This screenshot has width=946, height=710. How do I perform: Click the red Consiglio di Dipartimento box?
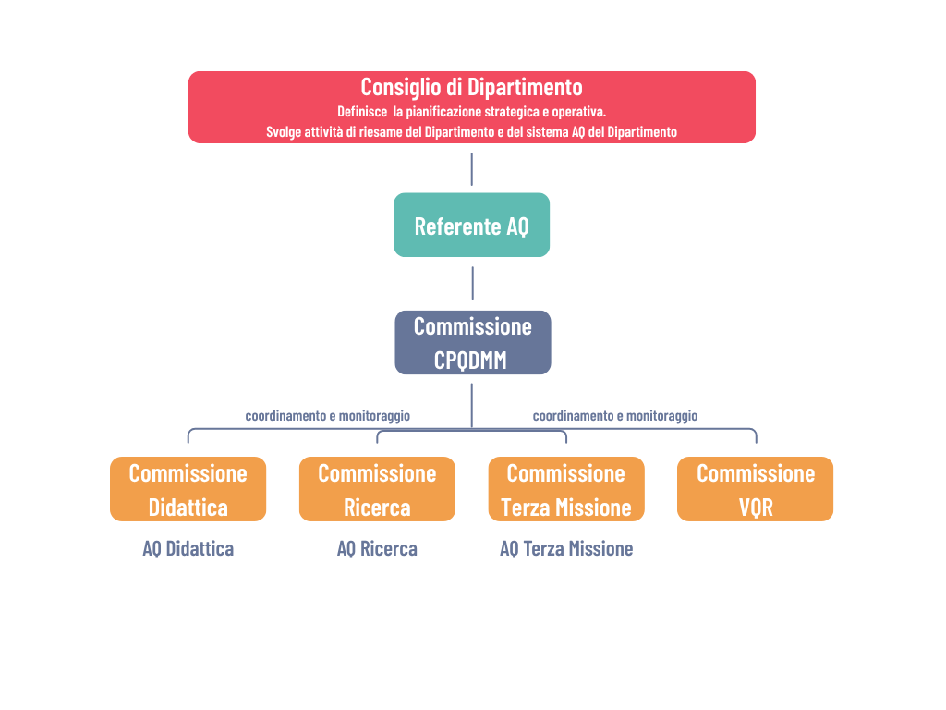click(x=472, y=107)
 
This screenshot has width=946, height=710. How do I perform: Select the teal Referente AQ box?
click(x=472, y=226)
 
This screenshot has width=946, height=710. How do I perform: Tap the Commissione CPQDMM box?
click(x=473, y=342)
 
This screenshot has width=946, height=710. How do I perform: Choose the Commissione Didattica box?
click(x=188, y=489)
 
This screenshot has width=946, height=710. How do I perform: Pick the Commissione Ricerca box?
click(x=377, y=489)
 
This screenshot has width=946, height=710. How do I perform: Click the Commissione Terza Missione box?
click(x=566, y=489)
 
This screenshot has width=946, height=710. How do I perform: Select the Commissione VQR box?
click(x=756, y=489)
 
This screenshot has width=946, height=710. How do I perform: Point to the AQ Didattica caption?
click(x=188, y=549)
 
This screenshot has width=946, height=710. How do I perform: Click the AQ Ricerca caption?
click(x=377, y=549)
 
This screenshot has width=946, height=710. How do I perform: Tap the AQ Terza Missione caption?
click(x=566, y=549)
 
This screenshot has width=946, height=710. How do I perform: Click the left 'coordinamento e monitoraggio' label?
click(x=328, y=416)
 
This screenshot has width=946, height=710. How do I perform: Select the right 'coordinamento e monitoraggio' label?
click(x=614, y=416)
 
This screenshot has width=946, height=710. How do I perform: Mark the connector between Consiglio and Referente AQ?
click(x=472, y=169)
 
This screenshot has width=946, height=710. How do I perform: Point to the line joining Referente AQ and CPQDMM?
click(x=472, y=283)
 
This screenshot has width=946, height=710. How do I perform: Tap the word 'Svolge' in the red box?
click(x=284, y=132)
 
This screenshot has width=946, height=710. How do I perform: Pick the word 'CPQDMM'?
click(x=470, y=361)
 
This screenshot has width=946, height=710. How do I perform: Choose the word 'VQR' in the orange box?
click(x=756, y=508)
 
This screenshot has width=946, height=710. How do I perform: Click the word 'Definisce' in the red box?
click(x=362, y=112)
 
